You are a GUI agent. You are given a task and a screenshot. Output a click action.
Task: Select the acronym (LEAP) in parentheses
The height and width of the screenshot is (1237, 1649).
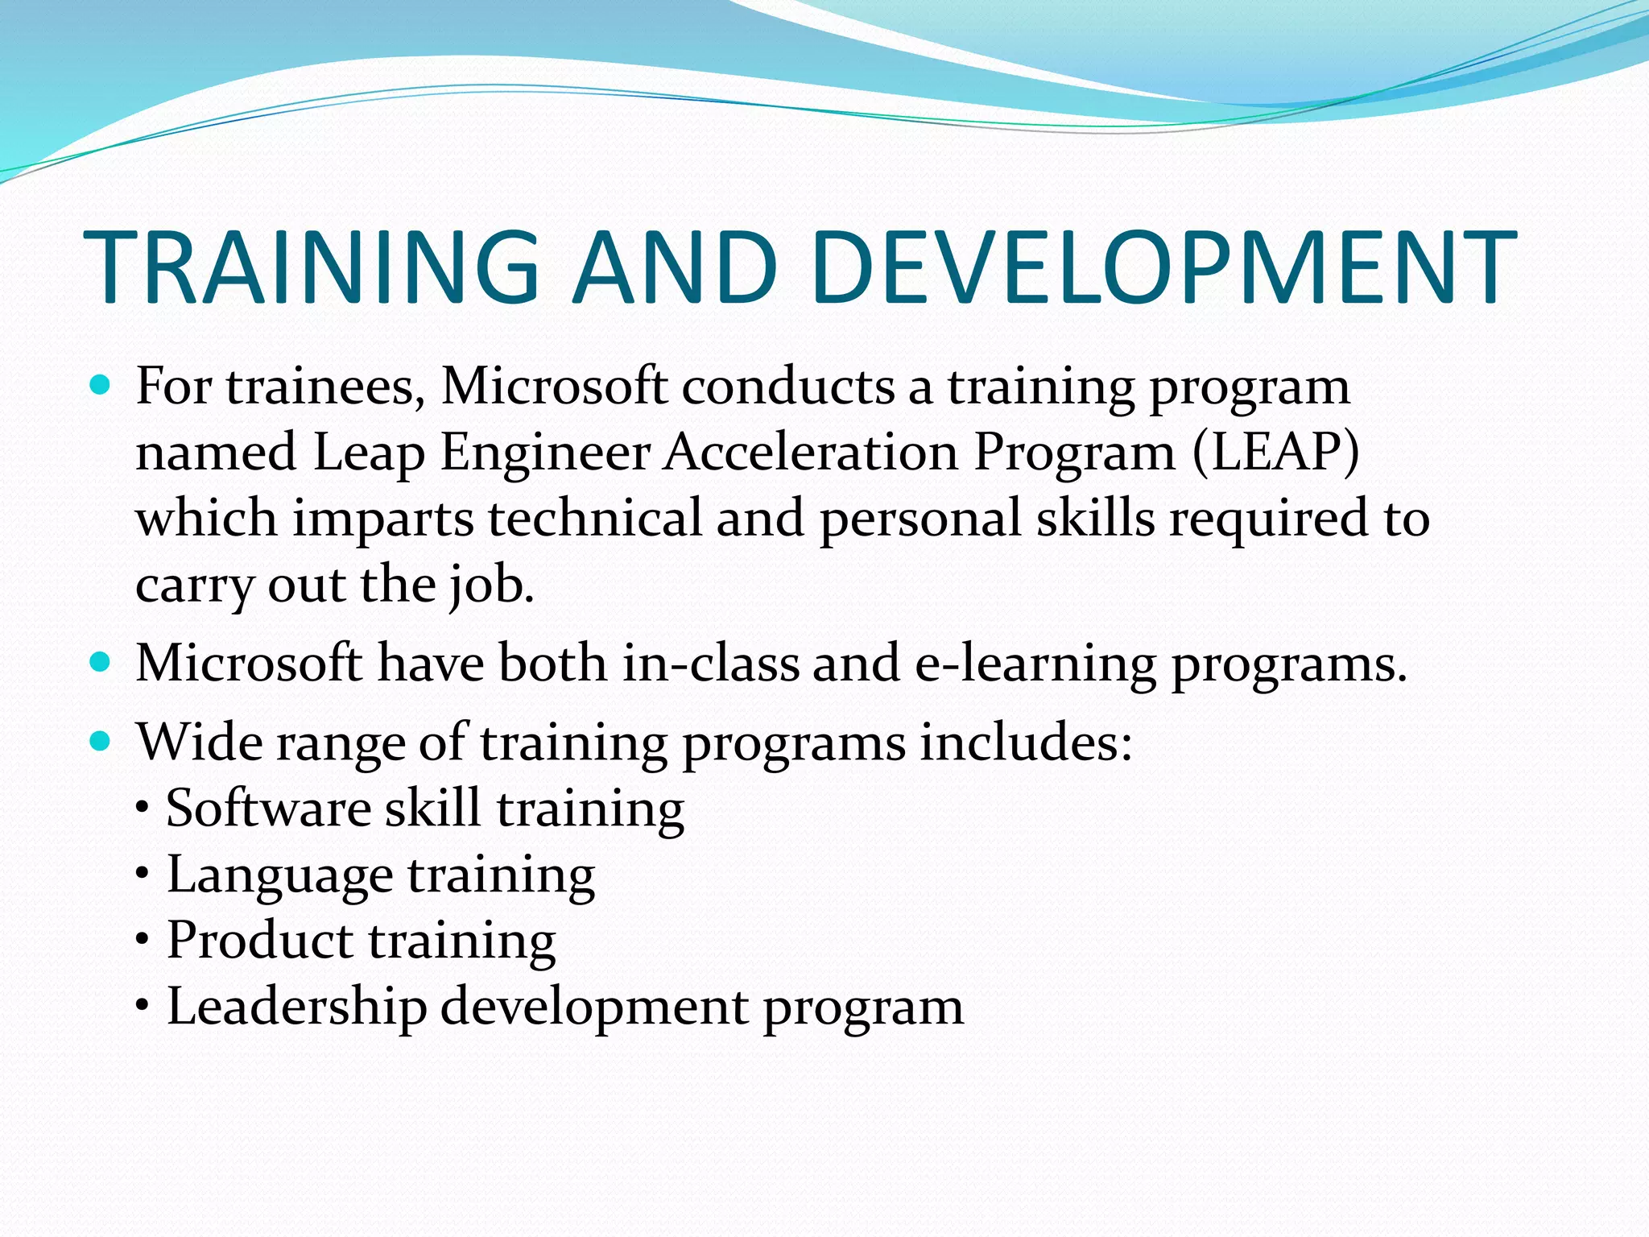click(x=1275, y=452)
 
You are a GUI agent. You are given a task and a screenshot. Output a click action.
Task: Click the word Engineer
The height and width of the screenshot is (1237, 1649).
click(x=545, y=453)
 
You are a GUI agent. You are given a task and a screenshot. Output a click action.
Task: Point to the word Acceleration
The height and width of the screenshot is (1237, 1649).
click(x=812, y=452)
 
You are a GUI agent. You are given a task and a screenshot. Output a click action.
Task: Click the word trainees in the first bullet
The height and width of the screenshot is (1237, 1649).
click(x=325, y=387)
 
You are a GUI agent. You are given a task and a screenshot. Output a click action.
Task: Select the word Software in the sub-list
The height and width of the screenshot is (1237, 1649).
click(x=267, y=808)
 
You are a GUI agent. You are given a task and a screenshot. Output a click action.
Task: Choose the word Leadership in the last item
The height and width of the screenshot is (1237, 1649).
click(x=296, y=1007)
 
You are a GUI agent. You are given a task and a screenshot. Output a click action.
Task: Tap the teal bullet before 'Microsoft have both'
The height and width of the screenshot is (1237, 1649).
click(x=100, y=664)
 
